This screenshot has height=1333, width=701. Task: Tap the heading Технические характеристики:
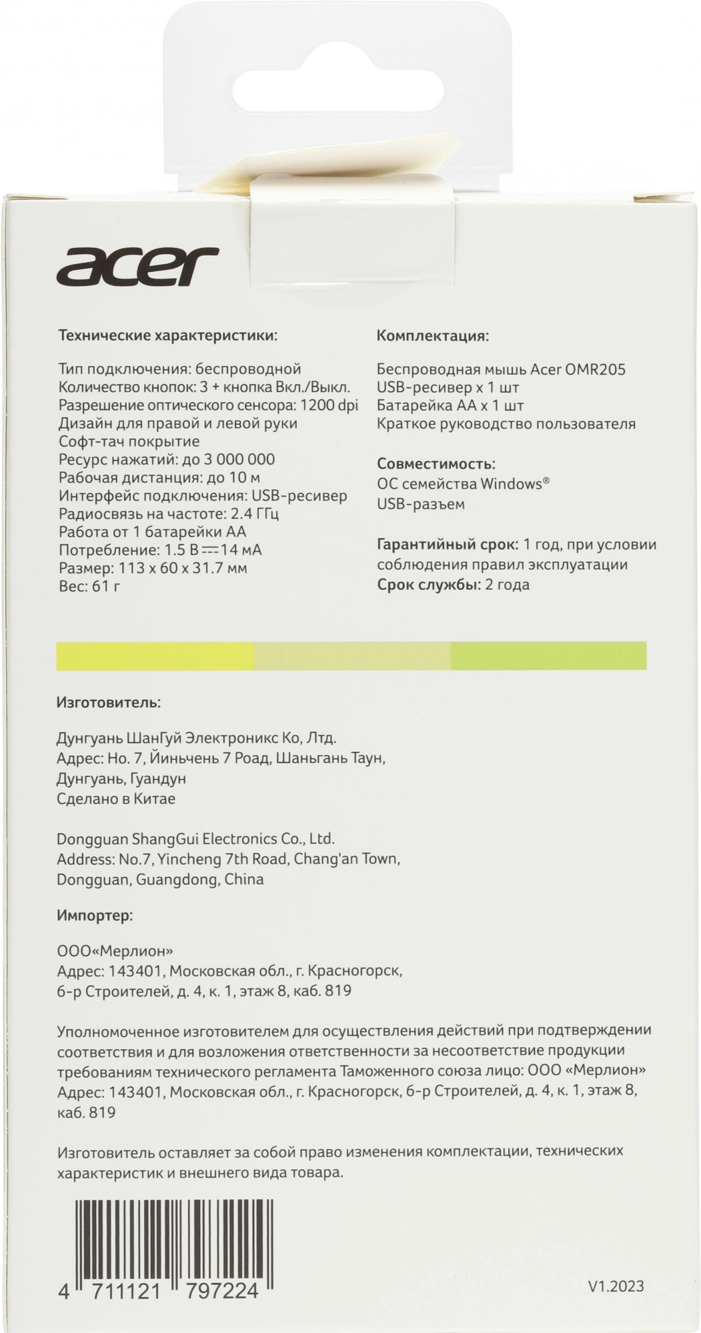pyautogui.click(x=167, y=335)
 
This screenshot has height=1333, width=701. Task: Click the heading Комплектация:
pyautogui.click(x=433, y=335)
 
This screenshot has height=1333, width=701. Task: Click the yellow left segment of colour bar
pyautogui.click(x=155, y=656)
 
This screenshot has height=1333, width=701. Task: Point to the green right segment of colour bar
pyautogui.click(x=548, y=656)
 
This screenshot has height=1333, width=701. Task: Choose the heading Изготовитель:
pyautogui.click(x=109, y=702)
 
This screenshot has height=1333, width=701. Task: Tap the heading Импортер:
pyautogui.click(x=95, y=916)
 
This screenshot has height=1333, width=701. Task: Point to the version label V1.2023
pyautogui.click(x=616, y=1286)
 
